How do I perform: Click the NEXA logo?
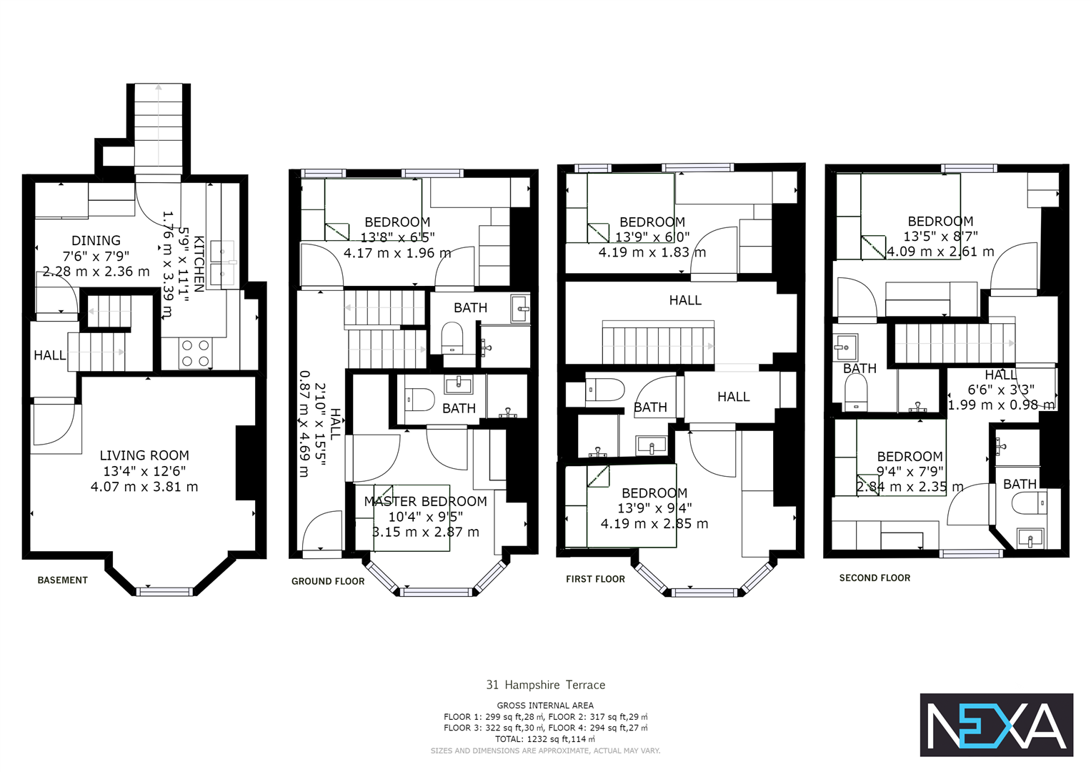(x=996, y=725)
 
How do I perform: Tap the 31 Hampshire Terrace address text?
(x=545, y=685)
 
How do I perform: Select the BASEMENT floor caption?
(x=63, y=580)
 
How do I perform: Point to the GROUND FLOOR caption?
(x=328, y=581)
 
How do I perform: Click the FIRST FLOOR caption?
(x=595, y=579)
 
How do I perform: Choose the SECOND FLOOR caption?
(x=875, y=578)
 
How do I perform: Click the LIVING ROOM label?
(x=144, y=455)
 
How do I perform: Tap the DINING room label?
(x=96, y=240)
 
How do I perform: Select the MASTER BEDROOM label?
(x=425, y=501)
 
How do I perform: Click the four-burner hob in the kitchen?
(x=195, y=353)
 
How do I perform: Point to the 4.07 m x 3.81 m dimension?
(x=144, y=487)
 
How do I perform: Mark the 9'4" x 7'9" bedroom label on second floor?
(x=910, y=472)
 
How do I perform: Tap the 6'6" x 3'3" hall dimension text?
(x=1000, y=390)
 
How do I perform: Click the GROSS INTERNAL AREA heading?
(x=545, y=705)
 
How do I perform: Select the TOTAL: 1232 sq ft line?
(x=545, y=739)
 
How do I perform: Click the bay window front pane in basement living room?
(x=165, y=591)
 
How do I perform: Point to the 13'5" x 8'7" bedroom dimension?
(x=940, y=237)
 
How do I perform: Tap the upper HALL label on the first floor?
(x=685, y=300)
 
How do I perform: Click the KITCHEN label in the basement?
(x=199, y=264)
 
